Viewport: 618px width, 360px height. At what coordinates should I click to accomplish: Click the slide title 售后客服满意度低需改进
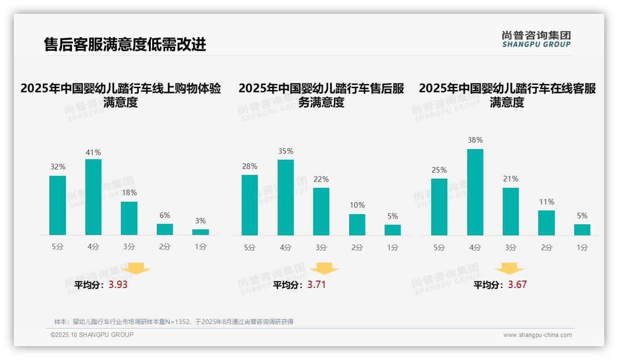click(125, 44)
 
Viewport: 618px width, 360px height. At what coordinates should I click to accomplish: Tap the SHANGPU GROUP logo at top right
click(536, 39)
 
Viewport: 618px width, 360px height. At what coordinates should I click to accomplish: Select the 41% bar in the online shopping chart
click(93, 197)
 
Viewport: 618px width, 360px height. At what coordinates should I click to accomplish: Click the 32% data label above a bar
click(58, 167)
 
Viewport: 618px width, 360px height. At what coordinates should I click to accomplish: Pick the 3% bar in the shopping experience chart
click(201, 232)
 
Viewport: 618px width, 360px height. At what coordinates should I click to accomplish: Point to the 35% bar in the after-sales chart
click(285, 198)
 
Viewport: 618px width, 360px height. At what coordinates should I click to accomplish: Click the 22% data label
click(321, 179)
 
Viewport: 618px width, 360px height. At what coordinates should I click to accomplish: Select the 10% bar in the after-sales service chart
click(357, 225)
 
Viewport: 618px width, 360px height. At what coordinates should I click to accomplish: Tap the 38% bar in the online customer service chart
click(475, 192)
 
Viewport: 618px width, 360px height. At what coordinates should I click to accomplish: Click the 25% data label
click(439, 170)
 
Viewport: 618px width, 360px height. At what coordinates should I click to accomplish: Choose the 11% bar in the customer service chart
click(547, 223)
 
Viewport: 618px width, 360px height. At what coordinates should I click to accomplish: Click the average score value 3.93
click(118, 285)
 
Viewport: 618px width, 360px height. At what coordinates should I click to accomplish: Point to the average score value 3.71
click(316, 285)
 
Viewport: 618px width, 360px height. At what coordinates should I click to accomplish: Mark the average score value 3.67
click(517, 285)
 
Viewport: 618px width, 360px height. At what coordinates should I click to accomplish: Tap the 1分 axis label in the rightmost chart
click(582, 247)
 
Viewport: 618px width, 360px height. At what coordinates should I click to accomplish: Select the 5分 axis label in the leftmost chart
click(58, 247)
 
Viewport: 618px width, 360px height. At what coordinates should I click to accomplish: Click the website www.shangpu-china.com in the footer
click(537, 335)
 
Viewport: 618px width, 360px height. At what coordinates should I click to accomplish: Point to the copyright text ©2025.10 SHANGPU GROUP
click(92, 335)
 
